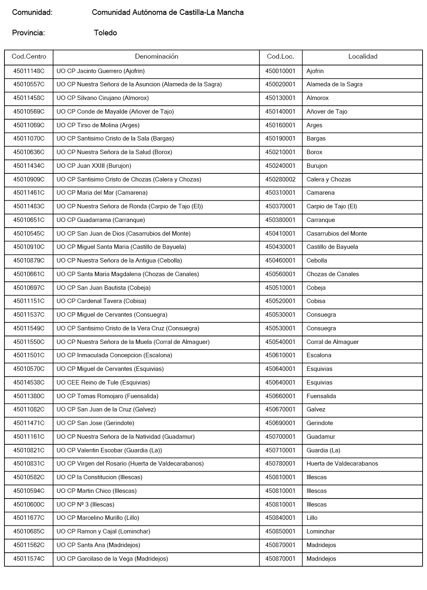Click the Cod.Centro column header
click(x=29, y=57)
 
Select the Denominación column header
click(x=156, y=57)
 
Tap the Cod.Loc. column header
click(x=280, y=57)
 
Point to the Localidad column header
click(x=362, y=57)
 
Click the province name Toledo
click(x=105, y=33)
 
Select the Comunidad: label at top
click(x=32, y=12)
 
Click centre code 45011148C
click(x=29, y=71)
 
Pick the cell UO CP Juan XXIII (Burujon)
click(x=94, y=166)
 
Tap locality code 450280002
click(x=280, y=179)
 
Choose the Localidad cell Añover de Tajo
click(x=327, y=112)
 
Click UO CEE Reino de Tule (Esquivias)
click(x=103, y=382)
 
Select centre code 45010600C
click(x=29, y=505)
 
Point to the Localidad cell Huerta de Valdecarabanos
click(x=342, y=464)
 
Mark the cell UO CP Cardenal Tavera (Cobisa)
click(x=101, y=301)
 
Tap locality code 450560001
click(x=280, y=274)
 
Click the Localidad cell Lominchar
click(x=321, y=531)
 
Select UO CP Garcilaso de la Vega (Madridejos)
click(x=112, y=559)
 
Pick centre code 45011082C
click(x=29, y=409)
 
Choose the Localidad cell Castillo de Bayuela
click(x=332, y=247)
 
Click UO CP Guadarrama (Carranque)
click(x=101, y=220)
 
